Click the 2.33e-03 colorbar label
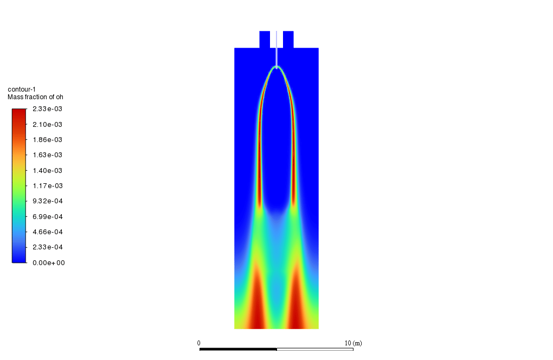[47, 109]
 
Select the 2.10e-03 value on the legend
[47, 125]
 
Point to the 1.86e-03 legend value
[47, 140]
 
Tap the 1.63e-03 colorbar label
[47, 155]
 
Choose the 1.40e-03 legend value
[47, 171]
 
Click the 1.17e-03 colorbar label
[47, 186]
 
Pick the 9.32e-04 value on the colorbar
[48, 201]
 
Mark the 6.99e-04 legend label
[48, 217]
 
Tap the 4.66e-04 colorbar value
[48, 232]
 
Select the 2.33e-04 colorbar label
[48, 247]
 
